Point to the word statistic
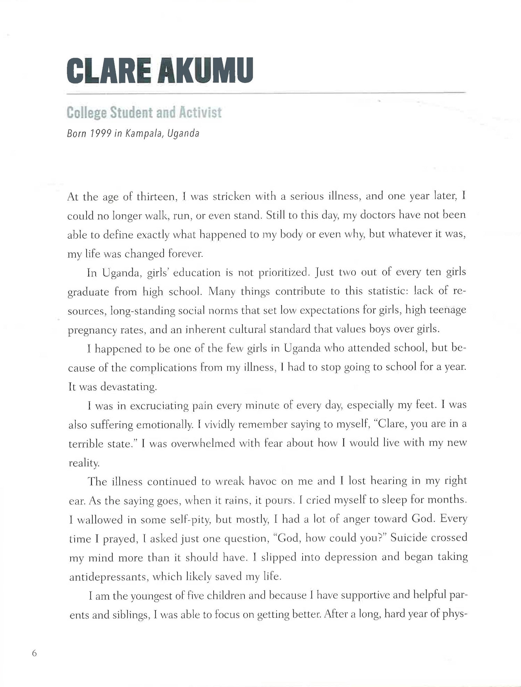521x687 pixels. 381,291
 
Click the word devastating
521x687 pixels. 129,387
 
